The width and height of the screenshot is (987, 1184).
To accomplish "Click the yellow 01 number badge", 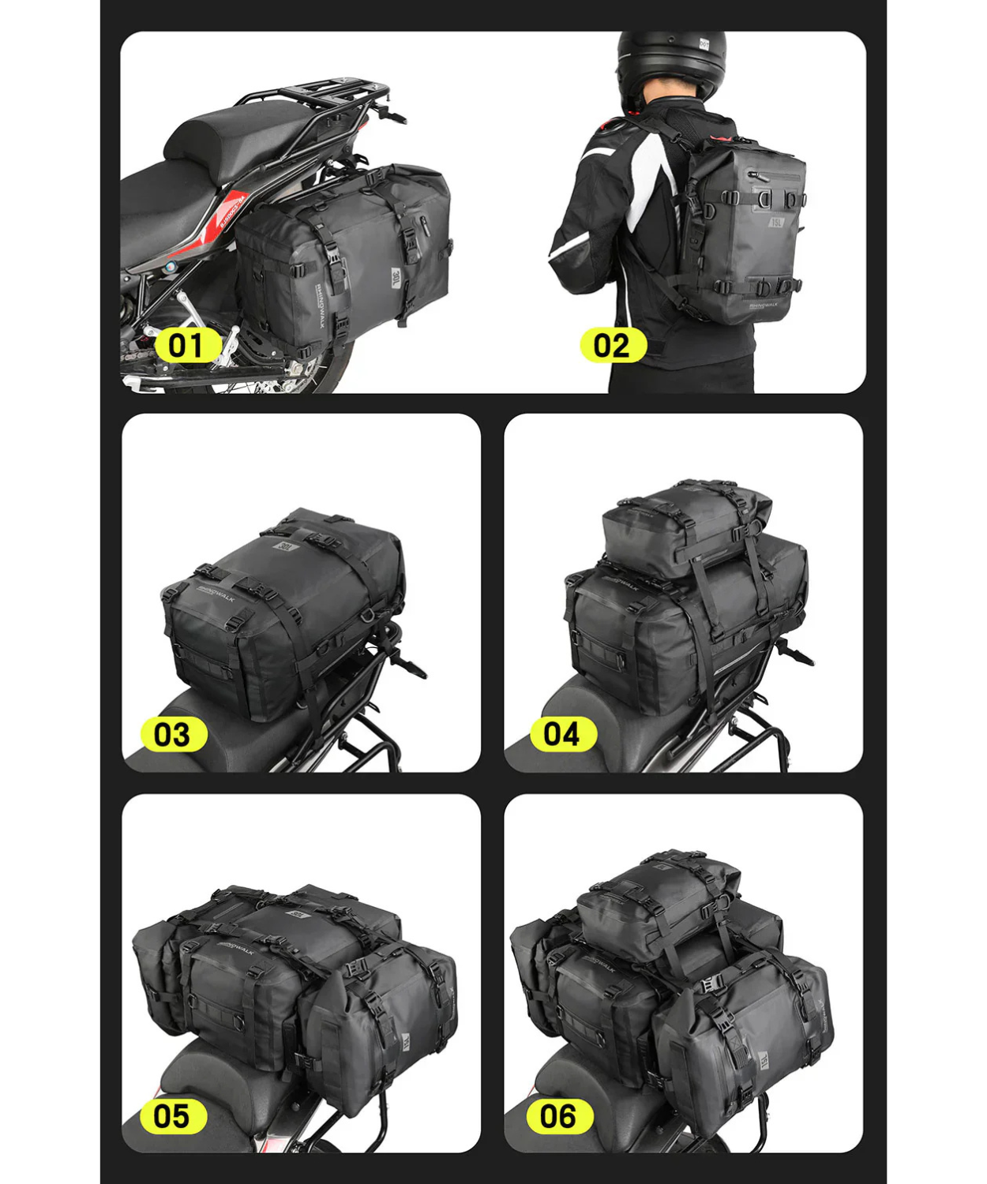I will (x=186, y=346).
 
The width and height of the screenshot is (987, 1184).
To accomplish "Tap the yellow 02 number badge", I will (x=612, y=346).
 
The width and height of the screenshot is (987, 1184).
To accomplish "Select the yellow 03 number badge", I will (x=172, y=734).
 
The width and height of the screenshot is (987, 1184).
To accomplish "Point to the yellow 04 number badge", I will (x=562, y=734).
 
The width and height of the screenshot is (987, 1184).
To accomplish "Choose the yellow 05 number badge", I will (x=172, y=1116).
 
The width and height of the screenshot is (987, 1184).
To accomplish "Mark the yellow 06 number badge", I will (x=557, y=1116).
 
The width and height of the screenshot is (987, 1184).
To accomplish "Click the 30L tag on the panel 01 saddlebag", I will (x=396, y=278).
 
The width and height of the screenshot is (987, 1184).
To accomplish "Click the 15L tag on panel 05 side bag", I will (x=405, y=1042).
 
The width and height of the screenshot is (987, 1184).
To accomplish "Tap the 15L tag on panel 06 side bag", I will (x=764, y=1060).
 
